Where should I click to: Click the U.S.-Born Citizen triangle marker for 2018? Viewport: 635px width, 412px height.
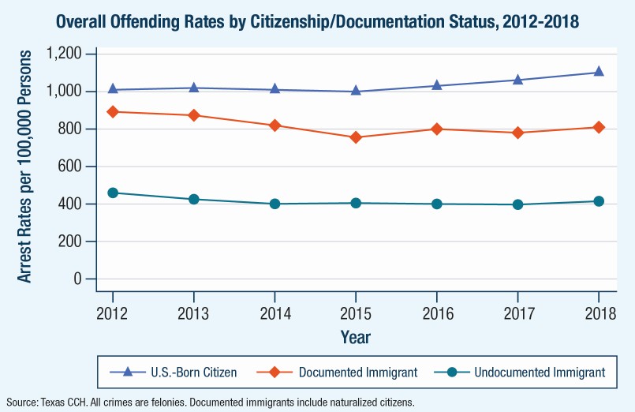[598, 72]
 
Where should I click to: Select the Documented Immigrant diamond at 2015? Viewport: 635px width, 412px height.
[356, 137]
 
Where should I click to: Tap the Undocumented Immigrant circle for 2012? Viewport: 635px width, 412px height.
[113, 193]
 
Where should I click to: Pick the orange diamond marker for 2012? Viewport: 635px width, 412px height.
[113, 111]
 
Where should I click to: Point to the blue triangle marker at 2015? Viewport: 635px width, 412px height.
[356, 91]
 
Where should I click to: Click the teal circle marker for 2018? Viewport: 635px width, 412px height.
[598, 201]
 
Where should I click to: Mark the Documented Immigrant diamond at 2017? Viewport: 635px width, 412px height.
[517, 133]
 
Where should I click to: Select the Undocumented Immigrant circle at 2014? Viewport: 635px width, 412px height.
[275, 204]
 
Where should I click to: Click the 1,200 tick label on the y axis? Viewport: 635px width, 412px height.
[65, 54]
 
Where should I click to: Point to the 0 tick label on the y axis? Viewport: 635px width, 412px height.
[78, 279]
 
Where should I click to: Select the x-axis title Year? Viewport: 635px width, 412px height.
[355, 337]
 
